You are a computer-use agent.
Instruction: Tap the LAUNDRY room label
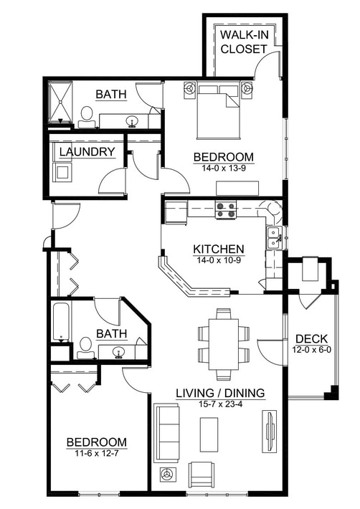[x=87, y=152]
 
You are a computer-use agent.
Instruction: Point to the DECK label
[x=312, y=338]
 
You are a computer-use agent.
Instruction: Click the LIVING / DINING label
[x=221, y=393]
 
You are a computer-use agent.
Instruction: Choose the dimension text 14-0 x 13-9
[x=224, y=168]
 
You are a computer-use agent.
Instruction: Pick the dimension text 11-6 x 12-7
[x=97, y=453]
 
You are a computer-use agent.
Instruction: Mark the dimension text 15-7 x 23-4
[x=221, y=404]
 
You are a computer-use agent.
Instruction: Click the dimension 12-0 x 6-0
[x=312, y=349]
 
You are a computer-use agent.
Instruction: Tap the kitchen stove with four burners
[x=226, y=209]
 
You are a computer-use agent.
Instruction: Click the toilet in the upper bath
[x=87, y=115]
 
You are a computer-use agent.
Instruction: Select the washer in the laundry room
[x=62, y=172]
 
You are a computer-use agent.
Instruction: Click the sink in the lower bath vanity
[x=119, y=352]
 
